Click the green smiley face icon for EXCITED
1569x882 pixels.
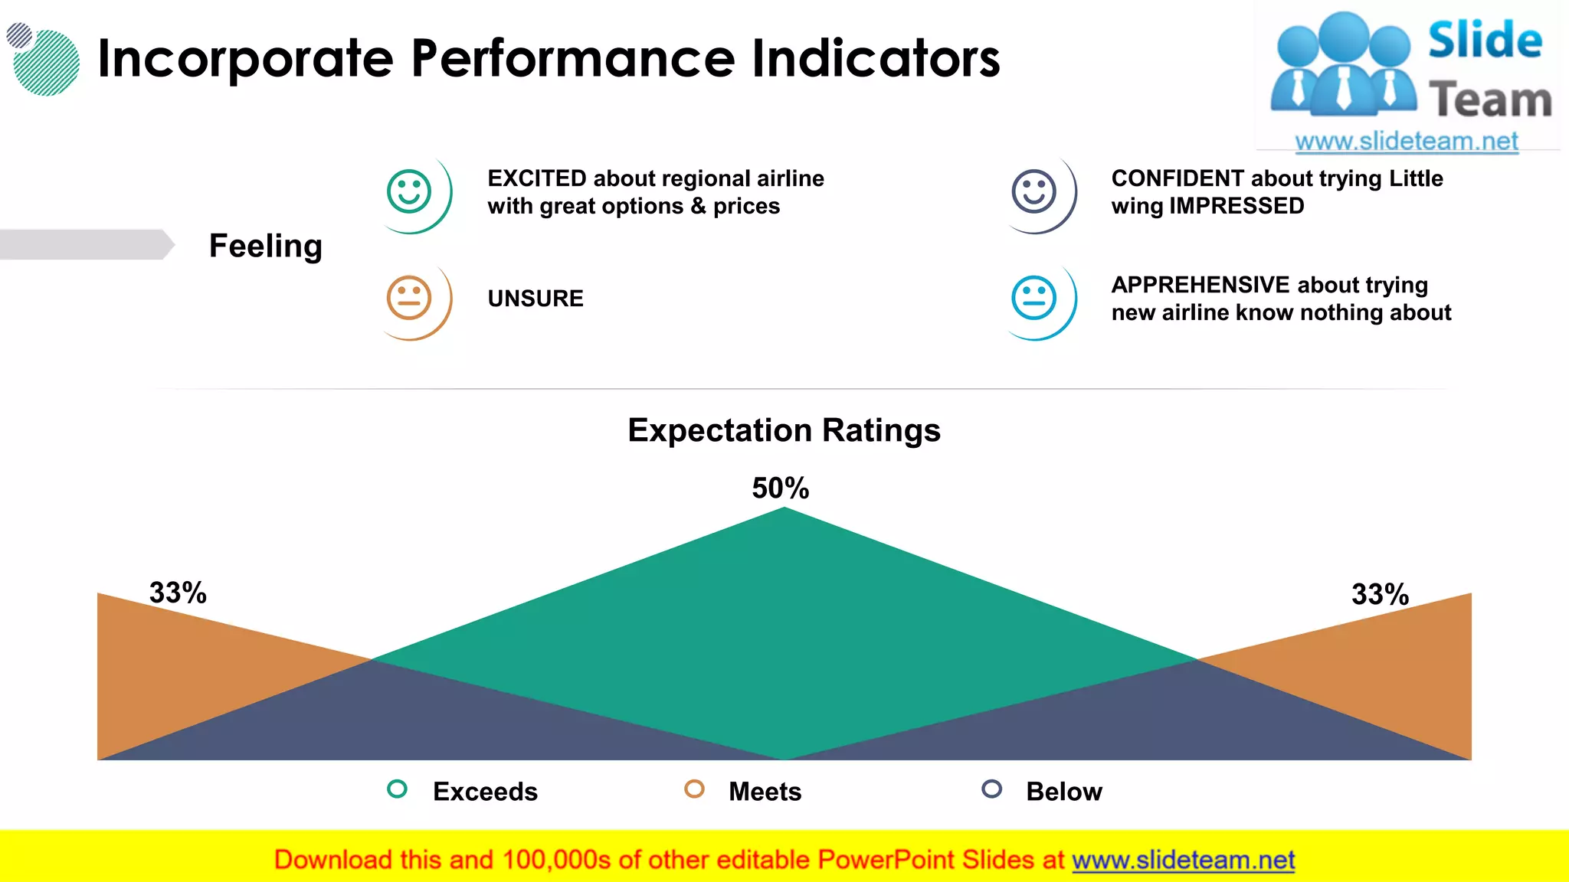pyautogui.click(x=409, y=191)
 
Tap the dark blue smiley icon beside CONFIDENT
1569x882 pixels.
pyautogui.click(x=1033, y=191)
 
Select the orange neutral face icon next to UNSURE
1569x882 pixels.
pyautogui.click(x=409, y=298)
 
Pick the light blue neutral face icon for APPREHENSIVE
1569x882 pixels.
pyautogui.click(x=1033, y=298)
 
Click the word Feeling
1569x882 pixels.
pyautogui.click(x=265, y=246)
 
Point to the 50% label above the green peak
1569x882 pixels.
pyautogui.click(x=780, y=488)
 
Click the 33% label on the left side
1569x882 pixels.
pyautogui.click(x=178, y=593)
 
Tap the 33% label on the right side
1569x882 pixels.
pyautogui.click(x=1380, y=594)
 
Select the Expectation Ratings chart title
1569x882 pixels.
pyautogui.click(x=784, y=430)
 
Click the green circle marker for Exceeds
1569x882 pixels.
pyautogui.click(x=397, y=789)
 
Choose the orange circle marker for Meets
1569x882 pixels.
pyautogui.click(x=694, y=789)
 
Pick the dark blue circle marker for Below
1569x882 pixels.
pyautogui.click(x=991, y=789)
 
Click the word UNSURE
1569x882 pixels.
pyautogui.click(x=536, y=299)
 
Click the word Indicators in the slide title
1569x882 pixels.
pyautogui.click(x=876, y=58)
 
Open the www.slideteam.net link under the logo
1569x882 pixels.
pyautogui.click(x=1407, y=142)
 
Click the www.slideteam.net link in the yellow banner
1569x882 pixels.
pyautogui.click(x=1183, y=860)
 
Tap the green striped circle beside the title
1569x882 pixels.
pyautogui.click(x=47, y=63)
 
